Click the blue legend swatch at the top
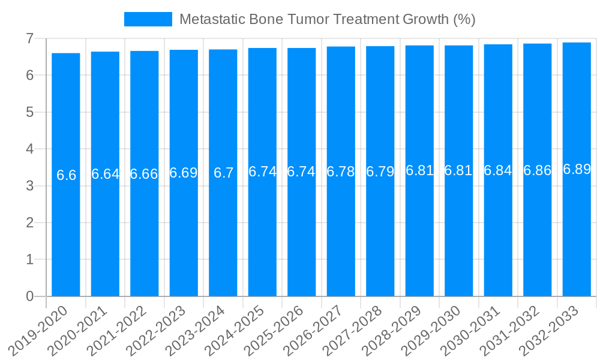pyautogui.click(x=148, y=19)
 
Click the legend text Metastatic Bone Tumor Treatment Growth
pyautogui.click(x=327, y=19)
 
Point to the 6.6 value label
pyautogui.click(x=66, y=175)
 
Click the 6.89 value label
pyautogui.click(x=577, y=169)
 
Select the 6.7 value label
pyautogui.click(x=223, y=173)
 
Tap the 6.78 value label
pyautogui.click(x=341, y=172)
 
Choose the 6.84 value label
pyautogui.click(x=498, y=170)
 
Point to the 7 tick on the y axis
pyautogui.click(x=29, y=38)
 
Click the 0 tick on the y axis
pyautogui.click(x=29, y=296)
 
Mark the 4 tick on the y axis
pyautogui.click(x=29, y=149)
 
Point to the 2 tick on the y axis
pyautogui.click(x=29, y=223)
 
